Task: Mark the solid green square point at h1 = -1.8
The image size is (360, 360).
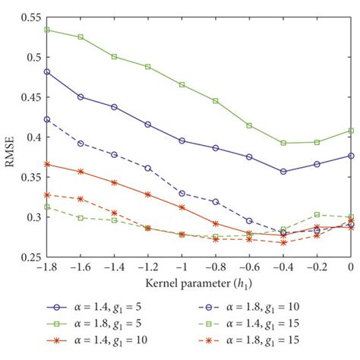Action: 47,30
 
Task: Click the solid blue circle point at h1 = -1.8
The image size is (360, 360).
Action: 47,71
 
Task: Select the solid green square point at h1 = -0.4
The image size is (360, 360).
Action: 283,143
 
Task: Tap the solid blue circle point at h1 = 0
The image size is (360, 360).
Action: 350,156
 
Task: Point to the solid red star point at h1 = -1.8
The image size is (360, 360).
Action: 47,164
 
